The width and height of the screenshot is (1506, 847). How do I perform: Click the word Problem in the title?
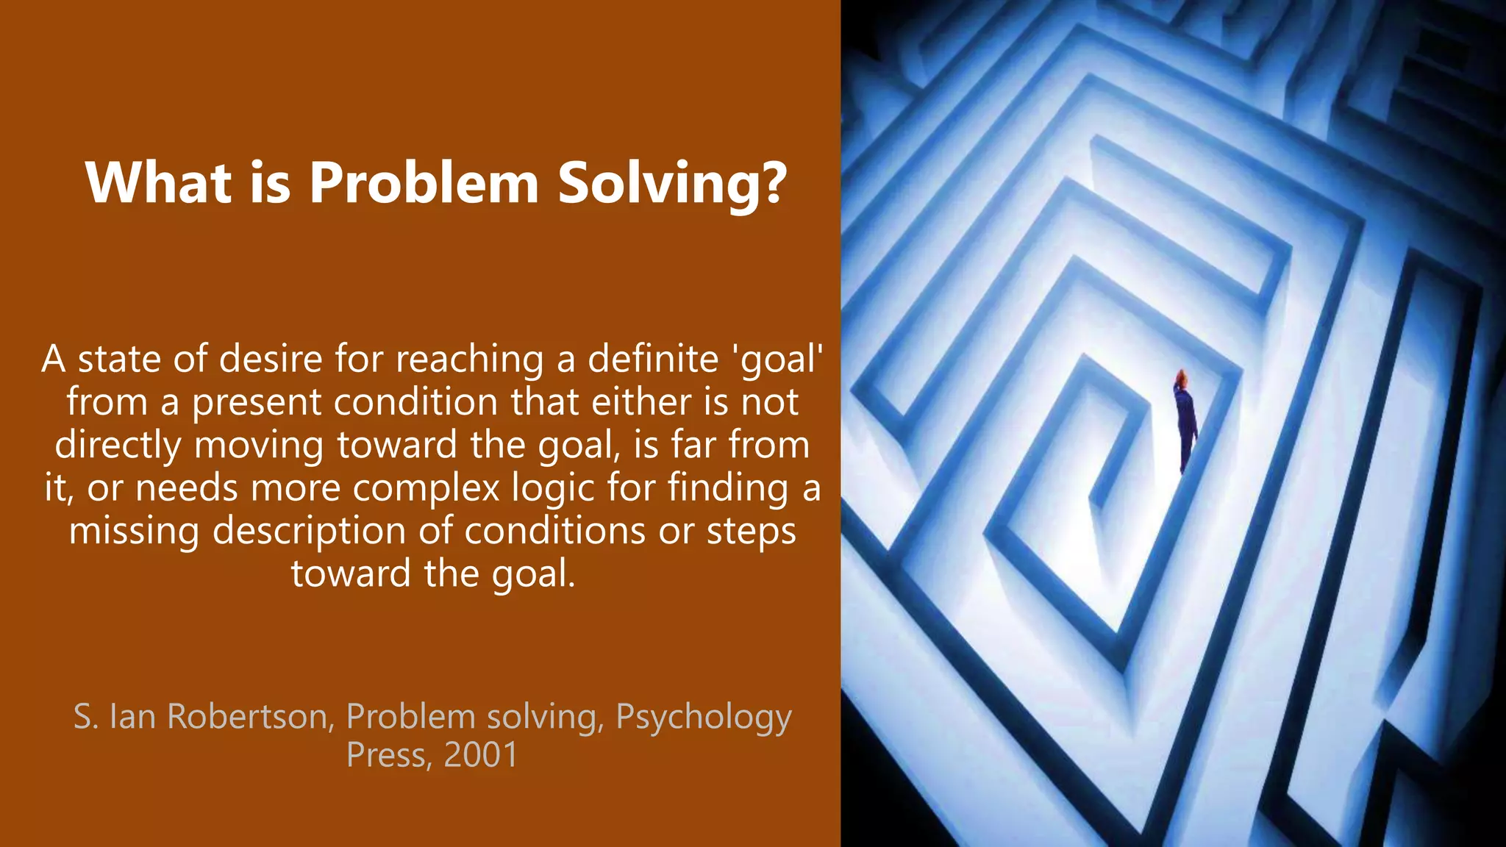point(424,182)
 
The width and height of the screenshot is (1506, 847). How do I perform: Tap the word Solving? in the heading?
point(672,184)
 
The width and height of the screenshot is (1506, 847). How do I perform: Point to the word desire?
point(271,359)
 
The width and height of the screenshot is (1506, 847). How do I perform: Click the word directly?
point(118,446)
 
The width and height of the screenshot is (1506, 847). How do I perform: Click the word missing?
point(134,531)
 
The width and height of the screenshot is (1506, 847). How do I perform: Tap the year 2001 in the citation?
point(481,755)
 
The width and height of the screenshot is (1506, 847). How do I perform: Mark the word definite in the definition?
point(652,359)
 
